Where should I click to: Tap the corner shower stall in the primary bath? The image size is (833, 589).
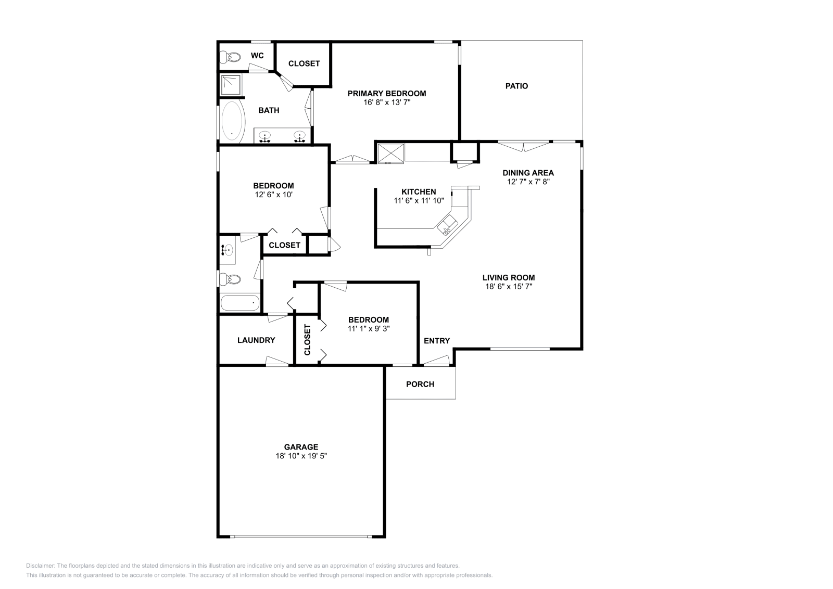click(231, 85)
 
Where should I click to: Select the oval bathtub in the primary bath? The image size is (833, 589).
click(233, 122)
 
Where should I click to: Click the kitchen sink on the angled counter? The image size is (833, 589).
click(447, 225)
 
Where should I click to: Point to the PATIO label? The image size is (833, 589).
click(516, 86)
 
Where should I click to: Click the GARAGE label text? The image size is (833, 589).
click(301, 447)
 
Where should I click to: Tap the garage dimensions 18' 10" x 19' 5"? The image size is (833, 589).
click(301, 456)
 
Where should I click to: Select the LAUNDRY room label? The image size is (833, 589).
click(256, 340)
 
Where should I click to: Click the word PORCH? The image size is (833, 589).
click(420, 384)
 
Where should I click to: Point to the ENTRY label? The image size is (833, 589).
click(437, 341)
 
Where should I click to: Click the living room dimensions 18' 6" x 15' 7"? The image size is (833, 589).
click(509, 287)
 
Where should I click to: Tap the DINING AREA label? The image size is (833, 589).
click(528, 173)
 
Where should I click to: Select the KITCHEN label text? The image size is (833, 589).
click(419, 192)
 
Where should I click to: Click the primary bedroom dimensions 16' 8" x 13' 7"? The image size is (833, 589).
click(387, 102)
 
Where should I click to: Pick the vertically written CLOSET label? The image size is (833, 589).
click(307, 340)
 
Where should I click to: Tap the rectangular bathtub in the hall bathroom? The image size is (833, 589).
click(240, 303)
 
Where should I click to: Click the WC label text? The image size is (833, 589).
click(257, 56)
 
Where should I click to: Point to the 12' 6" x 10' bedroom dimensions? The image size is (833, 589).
click(274, 195)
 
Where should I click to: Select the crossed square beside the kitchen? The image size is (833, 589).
click(391, 153)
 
